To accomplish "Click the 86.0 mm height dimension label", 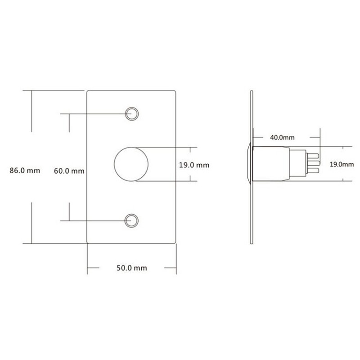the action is click(x=25, y=171).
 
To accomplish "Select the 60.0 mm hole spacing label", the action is click(x=69, y=171).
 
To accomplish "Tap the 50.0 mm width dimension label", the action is click(x=132, y=268).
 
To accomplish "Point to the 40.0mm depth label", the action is click(x=282, y=137).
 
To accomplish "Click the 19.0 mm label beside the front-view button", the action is click(x=194, y=165).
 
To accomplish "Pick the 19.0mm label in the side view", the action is click(x=342, y=164).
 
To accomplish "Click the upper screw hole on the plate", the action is click(x=132, y=114).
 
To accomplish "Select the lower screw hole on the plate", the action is click(x=131, y=220).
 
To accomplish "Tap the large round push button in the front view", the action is click(x=131, y=164).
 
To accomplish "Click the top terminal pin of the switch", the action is click(x=313, y=156).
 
